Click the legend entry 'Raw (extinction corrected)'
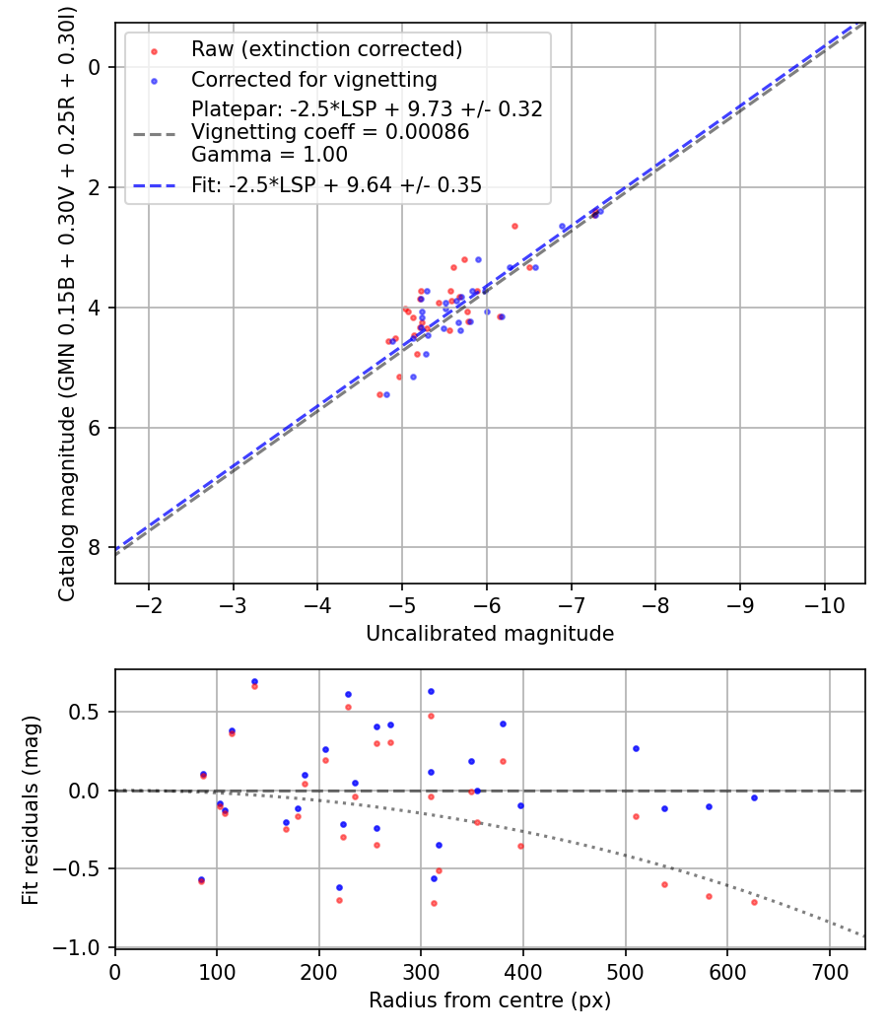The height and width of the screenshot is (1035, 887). [x=326, y=49]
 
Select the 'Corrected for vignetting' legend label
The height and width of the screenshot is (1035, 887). [x=314, y=79]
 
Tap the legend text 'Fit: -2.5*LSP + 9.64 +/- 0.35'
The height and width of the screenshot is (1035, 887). [x=336, y=184]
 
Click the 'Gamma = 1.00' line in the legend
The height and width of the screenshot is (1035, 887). [x=269, y=154]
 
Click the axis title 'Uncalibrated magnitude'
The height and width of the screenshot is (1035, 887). [x=490, y=634]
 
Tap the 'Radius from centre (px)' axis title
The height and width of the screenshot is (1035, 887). [x=490, y=1000]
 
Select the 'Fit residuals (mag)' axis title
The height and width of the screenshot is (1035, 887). [x=31, y=808]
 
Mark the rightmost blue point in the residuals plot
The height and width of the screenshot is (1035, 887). [x=755, y=797]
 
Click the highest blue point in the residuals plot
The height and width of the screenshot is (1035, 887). [x=254, y=681]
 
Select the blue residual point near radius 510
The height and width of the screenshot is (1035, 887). [x=636, y=748]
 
